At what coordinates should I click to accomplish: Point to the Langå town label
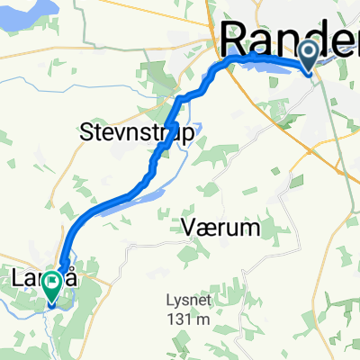55,283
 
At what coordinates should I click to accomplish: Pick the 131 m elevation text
192,319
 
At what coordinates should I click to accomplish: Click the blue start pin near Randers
309,56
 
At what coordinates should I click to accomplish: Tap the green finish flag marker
53,285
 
